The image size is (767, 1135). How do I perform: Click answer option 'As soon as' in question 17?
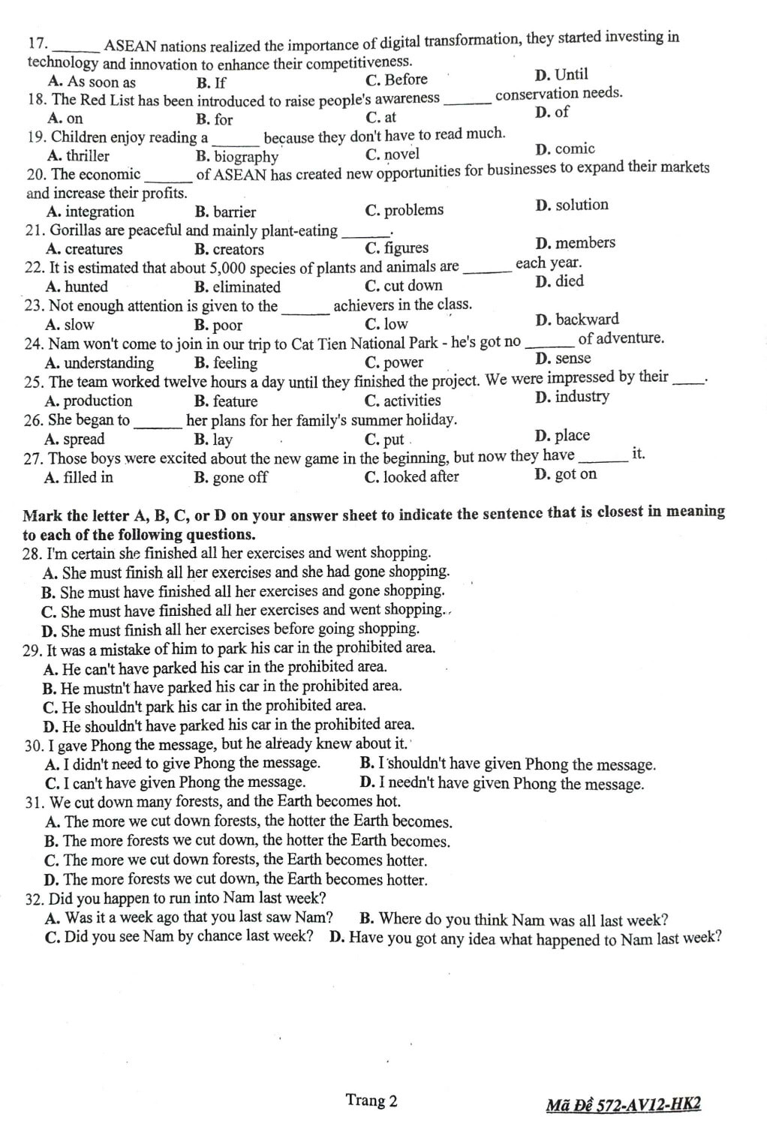[x=101, y=82]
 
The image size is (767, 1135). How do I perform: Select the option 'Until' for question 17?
[x=571, y=74]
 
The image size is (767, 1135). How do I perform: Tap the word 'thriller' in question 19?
[x=87, y=156]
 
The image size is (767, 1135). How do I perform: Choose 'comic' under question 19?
[x=575, y=149]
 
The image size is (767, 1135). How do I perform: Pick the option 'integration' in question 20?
[x=100, y=212]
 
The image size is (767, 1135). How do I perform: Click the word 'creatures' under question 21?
[x=94, y=249]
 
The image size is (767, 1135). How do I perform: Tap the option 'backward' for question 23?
[x=587, y=320]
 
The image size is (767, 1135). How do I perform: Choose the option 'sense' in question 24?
[x=573, y=359]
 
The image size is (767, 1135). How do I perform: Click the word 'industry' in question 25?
[x=582, y=397]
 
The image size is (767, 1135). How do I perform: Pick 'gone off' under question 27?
[x=239, y=477]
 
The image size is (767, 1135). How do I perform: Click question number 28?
[x=33, y=554]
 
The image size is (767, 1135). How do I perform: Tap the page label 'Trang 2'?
[x=371, y=1100]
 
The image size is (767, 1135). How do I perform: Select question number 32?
[x=35, y=899]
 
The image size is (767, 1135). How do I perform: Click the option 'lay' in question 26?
[x=222, y=440]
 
